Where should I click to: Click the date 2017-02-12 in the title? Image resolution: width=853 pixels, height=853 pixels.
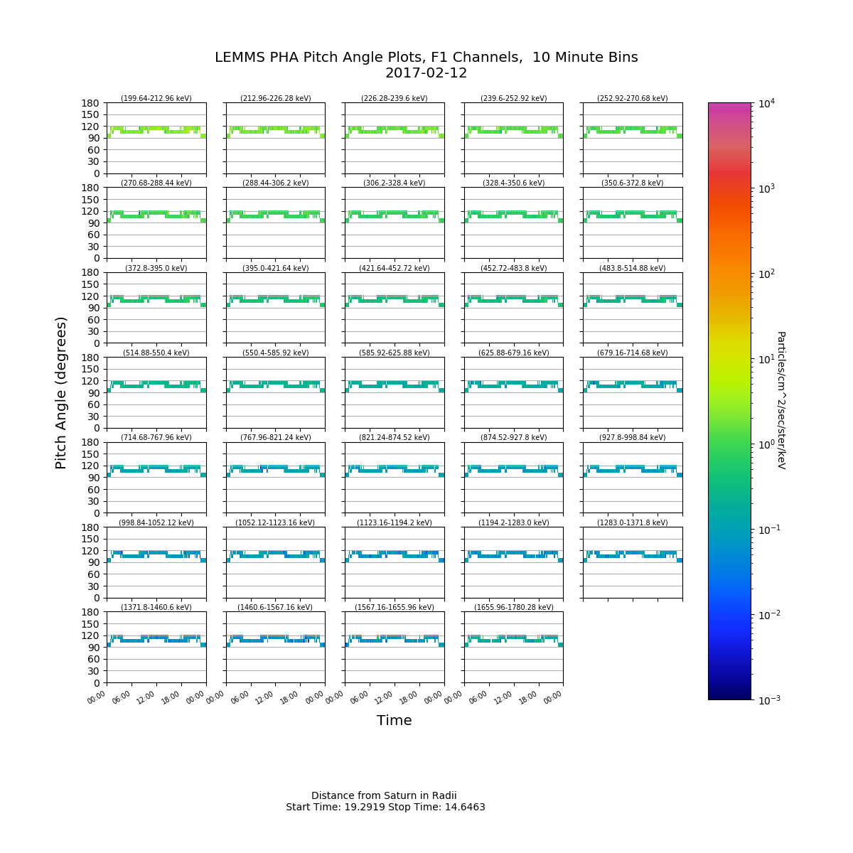click(x=426, y=73)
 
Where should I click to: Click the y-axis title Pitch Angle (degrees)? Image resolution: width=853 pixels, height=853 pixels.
click(x=62, y=392)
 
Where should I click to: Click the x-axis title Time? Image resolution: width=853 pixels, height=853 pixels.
click(x=395, y=721)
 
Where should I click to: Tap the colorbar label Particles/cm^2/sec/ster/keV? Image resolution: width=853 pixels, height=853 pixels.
click(x=780, y=400)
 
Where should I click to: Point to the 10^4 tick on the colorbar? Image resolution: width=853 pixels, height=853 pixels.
click(x=765, y=104)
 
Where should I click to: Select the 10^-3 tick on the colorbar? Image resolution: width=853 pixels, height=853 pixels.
click(x=766, y=700)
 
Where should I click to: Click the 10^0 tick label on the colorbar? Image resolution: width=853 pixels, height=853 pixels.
click(x=765, y=444)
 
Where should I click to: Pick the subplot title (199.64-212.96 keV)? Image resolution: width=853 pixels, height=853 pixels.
click(x=156, y=98)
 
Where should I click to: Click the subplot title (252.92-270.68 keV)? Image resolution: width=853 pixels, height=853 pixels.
click(x=633, y=98)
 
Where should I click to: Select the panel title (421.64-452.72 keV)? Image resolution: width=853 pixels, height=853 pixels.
click(x=395, y=268)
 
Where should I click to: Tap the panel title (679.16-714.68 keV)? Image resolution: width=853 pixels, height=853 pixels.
click(x=633, y=353)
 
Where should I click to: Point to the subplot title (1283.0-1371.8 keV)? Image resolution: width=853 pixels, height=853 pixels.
click(x=633, y=522)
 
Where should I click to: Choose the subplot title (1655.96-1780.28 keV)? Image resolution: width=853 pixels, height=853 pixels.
click(x=513, y=607)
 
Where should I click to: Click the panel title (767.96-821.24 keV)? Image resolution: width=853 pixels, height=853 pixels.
click(x=275, y=437)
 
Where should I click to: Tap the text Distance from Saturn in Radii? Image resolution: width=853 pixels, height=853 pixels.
click(x=384, y=796)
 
